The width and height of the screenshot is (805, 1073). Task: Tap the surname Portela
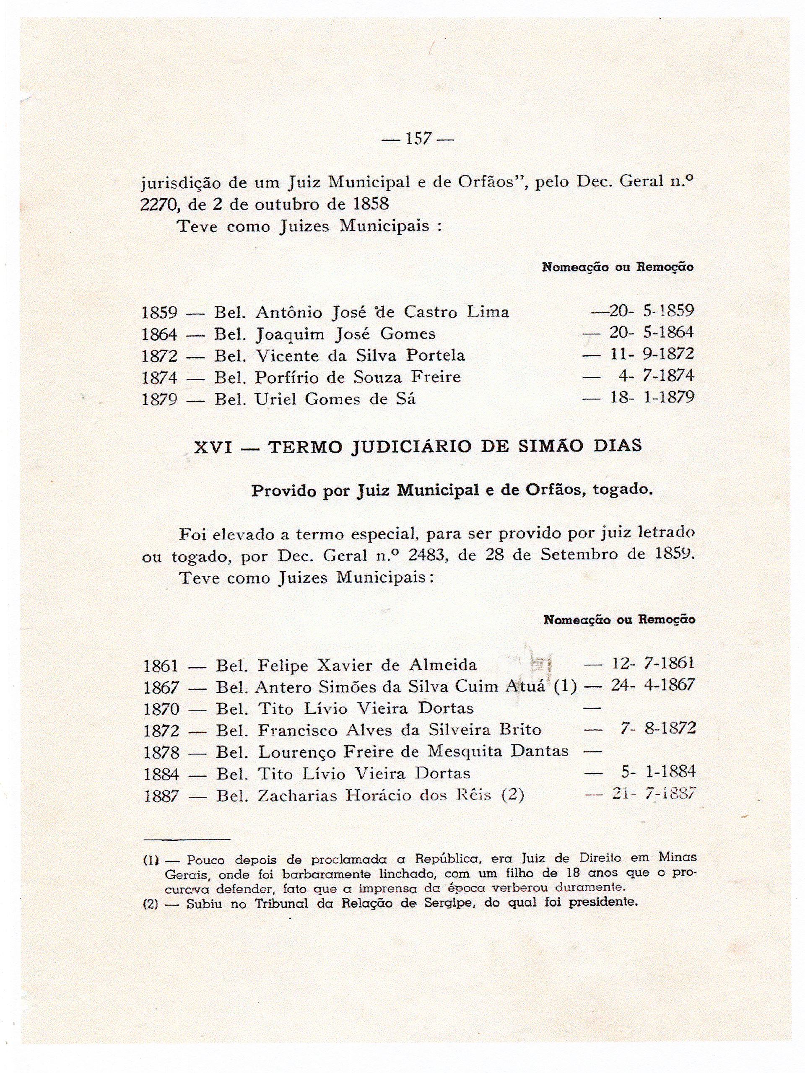click(x=435, y=355)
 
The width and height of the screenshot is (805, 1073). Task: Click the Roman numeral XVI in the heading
click(x=213, y=446)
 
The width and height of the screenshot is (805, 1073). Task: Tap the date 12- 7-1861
click(x=653, y=663)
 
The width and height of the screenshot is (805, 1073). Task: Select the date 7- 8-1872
click(x=658, y=728)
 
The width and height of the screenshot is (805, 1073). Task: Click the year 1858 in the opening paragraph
click(x=371, y=204)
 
